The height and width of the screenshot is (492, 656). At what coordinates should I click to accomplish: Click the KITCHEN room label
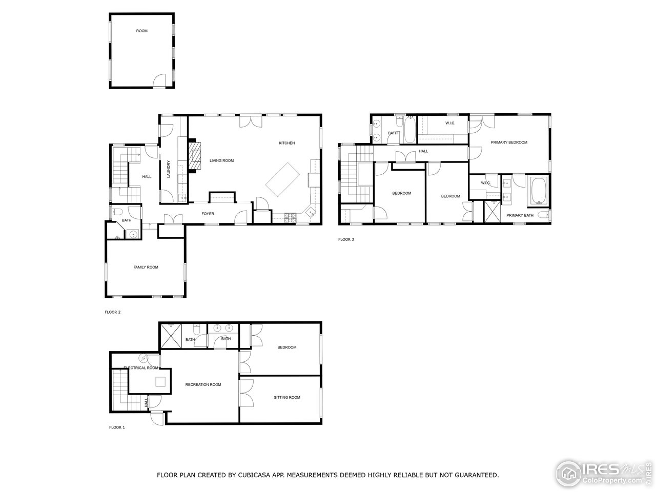286,143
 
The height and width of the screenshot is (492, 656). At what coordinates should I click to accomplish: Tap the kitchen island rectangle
282,178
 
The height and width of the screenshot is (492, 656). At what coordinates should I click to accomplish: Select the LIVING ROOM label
221,161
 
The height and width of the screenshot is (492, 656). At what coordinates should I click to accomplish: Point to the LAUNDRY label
168,170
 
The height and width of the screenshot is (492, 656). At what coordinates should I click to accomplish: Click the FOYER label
208,214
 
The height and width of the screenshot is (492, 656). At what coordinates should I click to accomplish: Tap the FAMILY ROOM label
146,268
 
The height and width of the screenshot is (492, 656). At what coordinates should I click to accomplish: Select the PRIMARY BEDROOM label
509,142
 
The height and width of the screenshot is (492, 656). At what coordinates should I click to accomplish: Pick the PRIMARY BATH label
520,215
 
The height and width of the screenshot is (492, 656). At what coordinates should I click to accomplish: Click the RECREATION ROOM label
203,384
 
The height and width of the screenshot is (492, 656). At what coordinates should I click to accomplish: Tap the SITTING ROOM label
286,397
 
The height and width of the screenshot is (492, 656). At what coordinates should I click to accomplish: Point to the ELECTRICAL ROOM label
141,368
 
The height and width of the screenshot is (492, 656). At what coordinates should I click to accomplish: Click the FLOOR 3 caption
346,239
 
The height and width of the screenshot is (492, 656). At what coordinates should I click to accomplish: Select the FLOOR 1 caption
117,427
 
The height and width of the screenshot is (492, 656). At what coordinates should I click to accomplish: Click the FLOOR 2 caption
112,312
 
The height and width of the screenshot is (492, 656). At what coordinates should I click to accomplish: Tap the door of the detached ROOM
160,80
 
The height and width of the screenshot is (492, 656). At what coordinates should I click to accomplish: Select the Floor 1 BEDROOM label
286,347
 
